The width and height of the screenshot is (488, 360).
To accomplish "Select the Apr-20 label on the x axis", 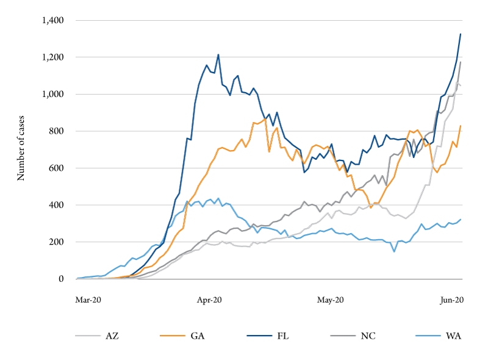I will tap(209, 300).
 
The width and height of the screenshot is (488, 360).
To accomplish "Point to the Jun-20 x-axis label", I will tap(451, 300).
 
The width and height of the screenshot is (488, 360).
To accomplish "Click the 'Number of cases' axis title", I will tap(21, 149).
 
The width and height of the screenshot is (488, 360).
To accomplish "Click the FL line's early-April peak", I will tap(218, 55).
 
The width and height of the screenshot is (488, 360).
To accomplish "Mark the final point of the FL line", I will tap(461, 34).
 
